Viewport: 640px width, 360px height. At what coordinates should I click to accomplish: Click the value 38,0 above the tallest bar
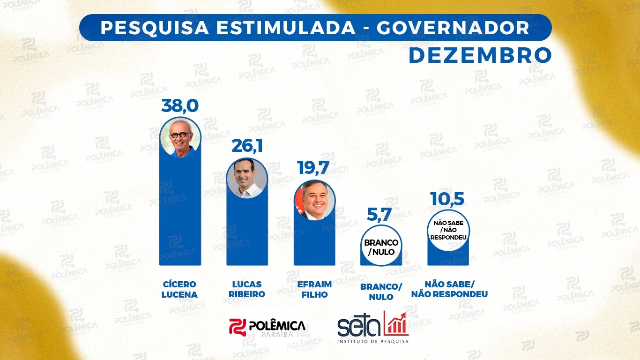point(180,105)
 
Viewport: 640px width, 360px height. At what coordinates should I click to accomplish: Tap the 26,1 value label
point(247,146)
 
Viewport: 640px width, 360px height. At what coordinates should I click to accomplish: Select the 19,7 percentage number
point(314,167)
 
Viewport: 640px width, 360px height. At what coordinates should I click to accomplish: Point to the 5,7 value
point(381,216)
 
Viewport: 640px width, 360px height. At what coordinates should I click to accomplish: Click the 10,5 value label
point(448,199)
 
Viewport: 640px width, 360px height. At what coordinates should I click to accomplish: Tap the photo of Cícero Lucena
point(180,137)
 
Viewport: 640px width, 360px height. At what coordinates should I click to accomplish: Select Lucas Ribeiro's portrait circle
point(247,178)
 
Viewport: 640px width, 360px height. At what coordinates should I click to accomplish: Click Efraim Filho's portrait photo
point(314,200)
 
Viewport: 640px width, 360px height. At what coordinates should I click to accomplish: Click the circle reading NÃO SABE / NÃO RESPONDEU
point(448,230)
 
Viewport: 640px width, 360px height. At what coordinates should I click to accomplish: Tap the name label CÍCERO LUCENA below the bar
point(180,290)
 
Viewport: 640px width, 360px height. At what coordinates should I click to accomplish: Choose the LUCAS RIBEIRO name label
point(247,290)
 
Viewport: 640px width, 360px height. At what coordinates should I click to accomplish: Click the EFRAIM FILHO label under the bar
point(314,290)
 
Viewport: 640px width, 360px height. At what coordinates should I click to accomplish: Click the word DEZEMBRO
point(480,55)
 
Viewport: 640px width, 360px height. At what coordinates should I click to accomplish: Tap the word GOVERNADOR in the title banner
point(453,28)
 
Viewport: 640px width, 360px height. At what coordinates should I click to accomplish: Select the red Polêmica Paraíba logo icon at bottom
point(237,326)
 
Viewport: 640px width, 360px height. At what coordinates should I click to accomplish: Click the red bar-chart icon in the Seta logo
point(396,323)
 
